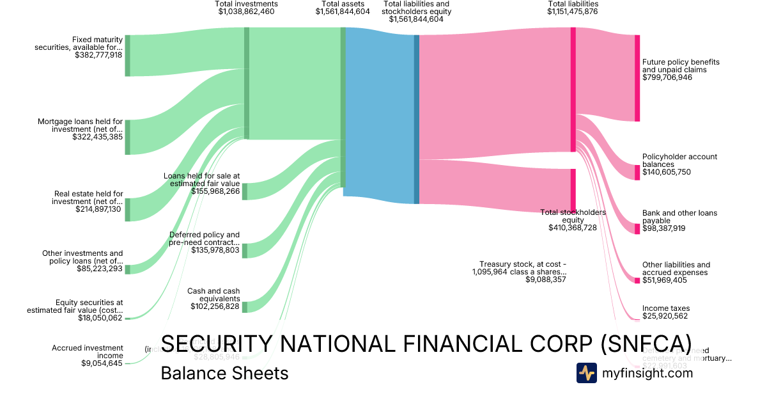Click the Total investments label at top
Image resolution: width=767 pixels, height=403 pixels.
[x=246, y=4]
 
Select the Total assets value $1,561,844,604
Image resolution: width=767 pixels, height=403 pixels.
[x=343, y=12]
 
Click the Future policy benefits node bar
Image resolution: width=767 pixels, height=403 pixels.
[x=637, y=78]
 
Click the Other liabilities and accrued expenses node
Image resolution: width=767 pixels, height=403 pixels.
[x=637, y=280]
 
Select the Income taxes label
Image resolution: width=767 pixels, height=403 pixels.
[x=666, y=308]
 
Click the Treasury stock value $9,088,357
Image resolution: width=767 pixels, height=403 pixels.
[x=546, y=280]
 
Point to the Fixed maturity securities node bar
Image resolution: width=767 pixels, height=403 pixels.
[x=127, y=56]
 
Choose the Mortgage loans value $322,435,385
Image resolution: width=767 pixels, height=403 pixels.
[x=98, y=137]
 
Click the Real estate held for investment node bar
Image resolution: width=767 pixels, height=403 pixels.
[x=127, y=209]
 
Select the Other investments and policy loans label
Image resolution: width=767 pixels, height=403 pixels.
[x=82, y=257]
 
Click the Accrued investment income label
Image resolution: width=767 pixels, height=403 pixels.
[x=88, y=352]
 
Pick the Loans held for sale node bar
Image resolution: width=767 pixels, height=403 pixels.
[x=244, y=191]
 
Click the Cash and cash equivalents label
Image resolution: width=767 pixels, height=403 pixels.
[x=213, y=295]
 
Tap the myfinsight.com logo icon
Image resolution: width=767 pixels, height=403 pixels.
[x=586, y=373]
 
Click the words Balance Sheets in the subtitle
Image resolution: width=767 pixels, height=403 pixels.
[x=224, y=373]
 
